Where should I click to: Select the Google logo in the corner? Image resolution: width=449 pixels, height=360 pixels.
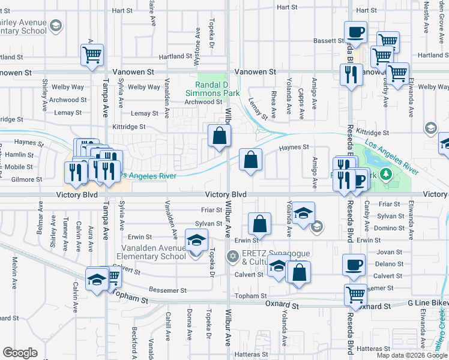[20, 353]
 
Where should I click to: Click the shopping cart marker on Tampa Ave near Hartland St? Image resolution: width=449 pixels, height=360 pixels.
[93, 55]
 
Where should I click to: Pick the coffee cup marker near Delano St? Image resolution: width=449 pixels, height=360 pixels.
[354, 265]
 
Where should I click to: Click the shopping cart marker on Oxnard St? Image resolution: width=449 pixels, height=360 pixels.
[355, 295]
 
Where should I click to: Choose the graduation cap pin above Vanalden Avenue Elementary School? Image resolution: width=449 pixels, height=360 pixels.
[195, 241]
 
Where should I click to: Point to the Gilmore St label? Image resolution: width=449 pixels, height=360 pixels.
[26, 179]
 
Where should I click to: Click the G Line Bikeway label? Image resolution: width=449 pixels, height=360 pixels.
[427, 305]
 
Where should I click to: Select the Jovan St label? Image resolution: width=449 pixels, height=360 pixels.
[390, 252]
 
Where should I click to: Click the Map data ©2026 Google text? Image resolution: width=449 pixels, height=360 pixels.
[411, 355]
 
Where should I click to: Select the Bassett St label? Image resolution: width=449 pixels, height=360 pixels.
[328, 41]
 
